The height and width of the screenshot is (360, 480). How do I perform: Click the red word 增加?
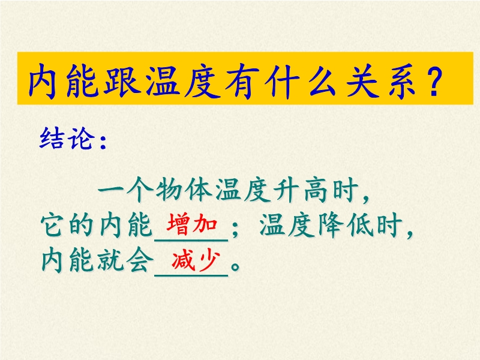pyautogui.click(x=192, y=224)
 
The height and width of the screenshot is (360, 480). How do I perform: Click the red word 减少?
pyautogui.click(x=196, y=260)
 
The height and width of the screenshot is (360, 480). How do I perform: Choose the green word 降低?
pyautogui.click(x=346, y=225)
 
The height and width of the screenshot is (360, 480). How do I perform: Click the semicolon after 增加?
pyautogui.click(x=235, y=229)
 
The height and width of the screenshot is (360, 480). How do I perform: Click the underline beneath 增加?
pyautogui.click(x=191, y=241)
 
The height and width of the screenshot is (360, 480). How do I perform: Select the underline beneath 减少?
pyautogui.click(x=191, y=276)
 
